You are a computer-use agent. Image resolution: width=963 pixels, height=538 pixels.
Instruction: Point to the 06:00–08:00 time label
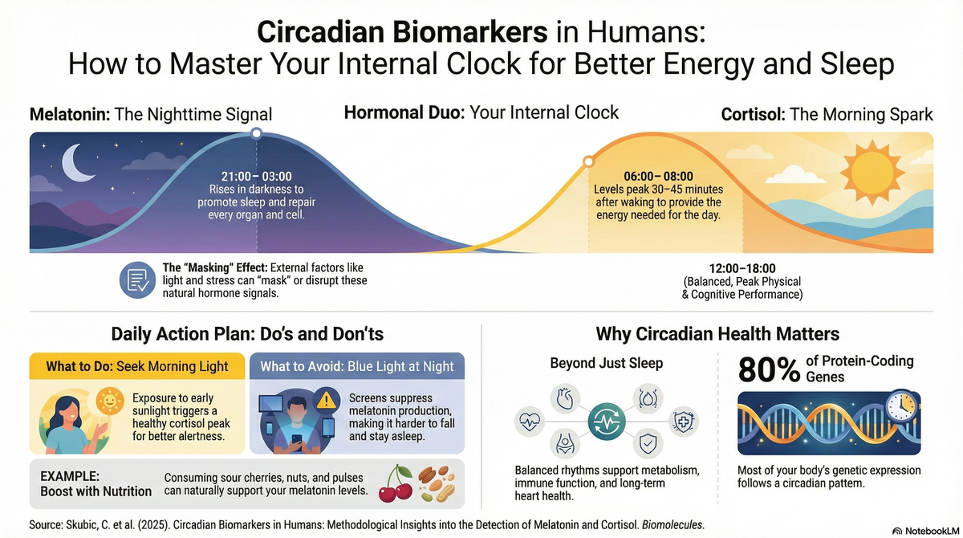(658, 176)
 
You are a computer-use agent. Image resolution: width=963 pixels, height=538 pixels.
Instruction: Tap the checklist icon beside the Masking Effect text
(136, 279)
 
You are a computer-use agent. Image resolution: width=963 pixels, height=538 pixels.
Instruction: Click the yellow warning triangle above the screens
(326, 400)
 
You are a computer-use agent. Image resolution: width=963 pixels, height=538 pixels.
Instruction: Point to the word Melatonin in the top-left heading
(70, 114)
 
